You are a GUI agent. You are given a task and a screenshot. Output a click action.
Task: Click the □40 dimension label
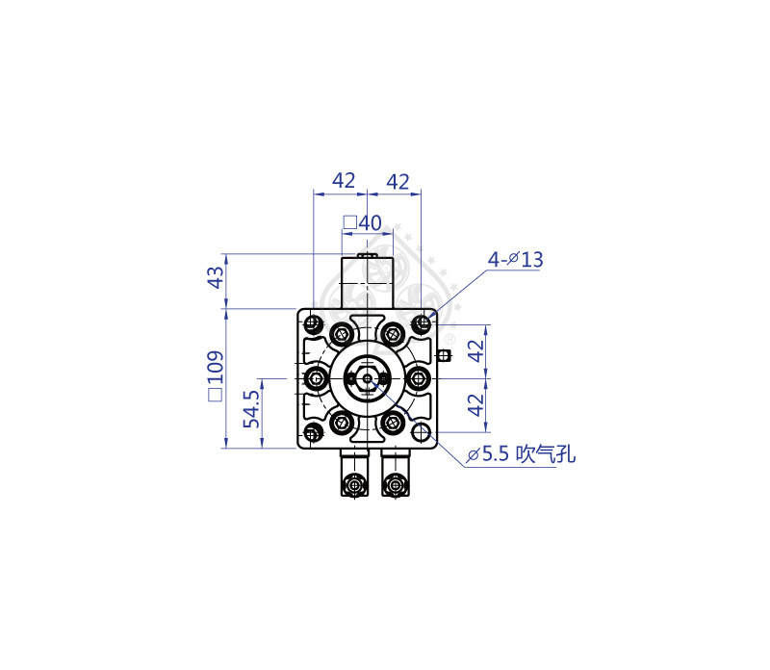pyautogui.click(x=363, y=223)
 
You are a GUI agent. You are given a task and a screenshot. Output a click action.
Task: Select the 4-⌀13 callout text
pyautogui.click(x=515, y=259)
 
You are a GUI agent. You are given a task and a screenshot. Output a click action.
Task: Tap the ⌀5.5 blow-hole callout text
pyautogui.click(x=521, y=453)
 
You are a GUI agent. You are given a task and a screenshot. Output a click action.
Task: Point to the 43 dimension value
pyautogui.click(x=215, y=277)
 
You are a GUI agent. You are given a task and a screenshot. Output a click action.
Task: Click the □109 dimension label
pyautogui.click(x=215, y=376)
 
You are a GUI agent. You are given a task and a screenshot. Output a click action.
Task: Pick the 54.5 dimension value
pyautogui.click(x=251, y=409)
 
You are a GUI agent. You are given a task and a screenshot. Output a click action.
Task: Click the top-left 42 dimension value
pyautogui.click(x=344, y=181)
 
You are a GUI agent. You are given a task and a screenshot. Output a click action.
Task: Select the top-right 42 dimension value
pyautogui.click(x=398, y=182)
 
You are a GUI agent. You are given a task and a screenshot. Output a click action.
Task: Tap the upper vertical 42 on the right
pyautogui.click(x=475, y=350)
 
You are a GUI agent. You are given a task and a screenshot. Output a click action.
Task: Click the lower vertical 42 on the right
pyautogui.click(x=475, y=405)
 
